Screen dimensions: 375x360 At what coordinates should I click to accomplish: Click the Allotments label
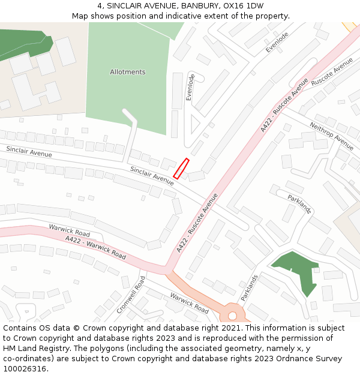click(x=127, y=72)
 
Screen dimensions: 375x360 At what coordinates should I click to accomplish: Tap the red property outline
click(x=181, y=169)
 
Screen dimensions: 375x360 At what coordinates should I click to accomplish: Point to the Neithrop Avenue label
click(x=331, y=136)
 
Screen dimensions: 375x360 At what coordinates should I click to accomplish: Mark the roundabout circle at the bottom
click(x=232, y=316)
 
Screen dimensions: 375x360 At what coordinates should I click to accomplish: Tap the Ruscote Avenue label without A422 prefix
click(x=332, y=72)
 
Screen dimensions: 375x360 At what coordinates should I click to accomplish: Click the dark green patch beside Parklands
click(x=296, y=269)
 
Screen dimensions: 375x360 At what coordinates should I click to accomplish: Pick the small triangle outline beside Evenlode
click(x=194, y=125)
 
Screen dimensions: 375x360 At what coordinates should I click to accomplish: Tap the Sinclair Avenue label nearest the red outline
click(x=152, y=175)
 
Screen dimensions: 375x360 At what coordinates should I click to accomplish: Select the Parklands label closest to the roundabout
click(x=249, y=288)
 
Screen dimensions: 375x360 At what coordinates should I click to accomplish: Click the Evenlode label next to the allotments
click(x=190, y=87)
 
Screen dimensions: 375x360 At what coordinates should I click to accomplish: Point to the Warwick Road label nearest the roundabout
click(x=189, y=303)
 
